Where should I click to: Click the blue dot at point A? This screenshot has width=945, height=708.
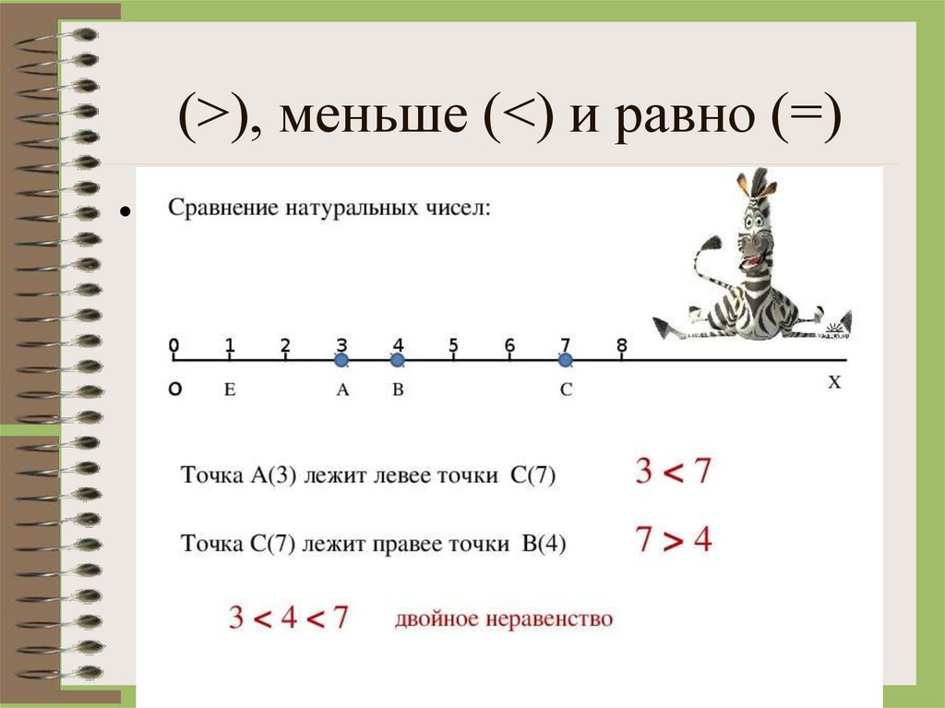pyautogui.click(x=341, y=360)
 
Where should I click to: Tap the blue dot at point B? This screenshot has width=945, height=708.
pyautogui.click(x=398, y=360)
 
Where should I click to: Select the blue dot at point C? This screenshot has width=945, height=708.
pyautogui.click(x=566, y=360)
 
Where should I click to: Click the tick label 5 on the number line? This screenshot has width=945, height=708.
pyautogui.click(x=454, y=346)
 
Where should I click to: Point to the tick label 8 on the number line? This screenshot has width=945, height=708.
pyautogui.click(x=622, y=346)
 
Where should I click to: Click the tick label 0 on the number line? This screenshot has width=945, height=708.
pyautogui.click(x=173, y=345)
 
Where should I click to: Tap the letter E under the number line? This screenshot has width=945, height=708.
pyautogui.click(x=230, y=390)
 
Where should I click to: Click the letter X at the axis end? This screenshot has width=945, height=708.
pyautogui.click(x=834, y=382)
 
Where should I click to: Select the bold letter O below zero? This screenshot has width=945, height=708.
pyautogui.click(x=174, y=390)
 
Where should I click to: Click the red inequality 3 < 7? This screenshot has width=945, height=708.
pyautogui.click(x=674, y=473)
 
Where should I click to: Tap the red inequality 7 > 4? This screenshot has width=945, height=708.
pyautogui.click(x=674, y=539)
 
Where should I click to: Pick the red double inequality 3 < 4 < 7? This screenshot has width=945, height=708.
pyautogui.click(x=289, y=618)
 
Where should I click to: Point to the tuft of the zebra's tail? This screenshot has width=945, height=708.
pyautogui.click(x=711, y=243)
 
